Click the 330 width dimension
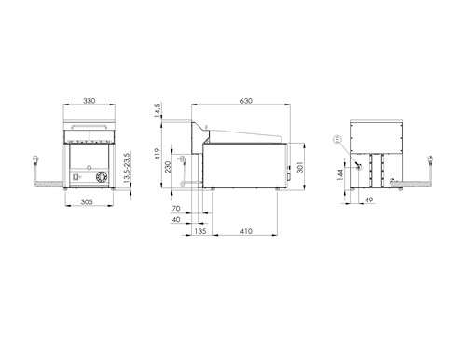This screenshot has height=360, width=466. [89, 101]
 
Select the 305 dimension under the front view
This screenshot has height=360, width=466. [87, 202]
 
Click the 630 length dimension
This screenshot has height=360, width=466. [246, 101]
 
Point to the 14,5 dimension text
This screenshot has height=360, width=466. [158, 111]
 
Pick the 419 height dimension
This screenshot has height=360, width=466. [158, 154]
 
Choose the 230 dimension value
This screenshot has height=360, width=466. [168, 167]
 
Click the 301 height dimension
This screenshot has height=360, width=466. [300, 167]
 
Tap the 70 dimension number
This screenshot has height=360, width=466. [176, 209]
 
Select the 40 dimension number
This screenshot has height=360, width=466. [176, 219]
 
